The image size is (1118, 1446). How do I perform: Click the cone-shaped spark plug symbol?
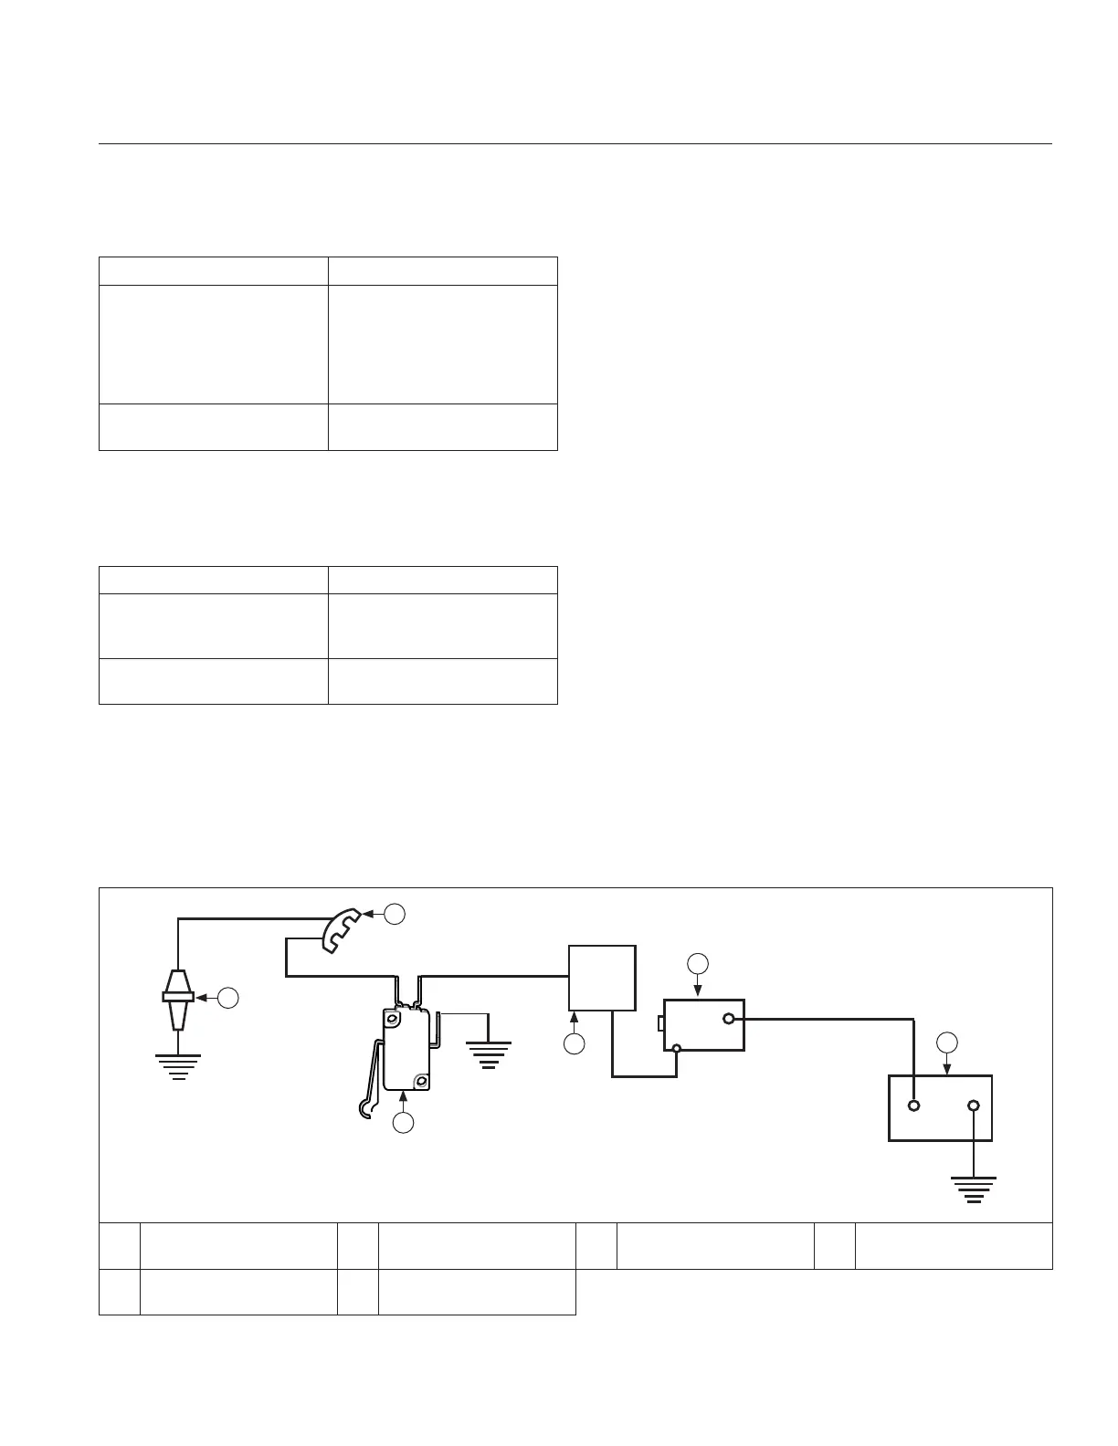178,998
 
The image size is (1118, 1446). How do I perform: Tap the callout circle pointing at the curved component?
395,913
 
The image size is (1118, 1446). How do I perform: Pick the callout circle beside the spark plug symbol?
228,998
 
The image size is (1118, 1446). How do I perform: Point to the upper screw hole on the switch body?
392,1017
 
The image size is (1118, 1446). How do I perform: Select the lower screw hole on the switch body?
421,1082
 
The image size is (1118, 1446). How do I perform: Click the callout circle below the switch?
404,1124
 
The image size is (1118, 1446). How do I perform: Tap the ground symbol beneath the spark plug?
178,1064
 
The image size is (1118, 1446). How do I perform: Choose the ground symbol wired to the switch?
489,1053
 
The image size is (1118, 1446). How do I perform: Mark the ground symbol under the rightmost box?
974,1189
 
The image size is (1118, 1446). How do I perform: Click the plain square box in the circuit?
602,978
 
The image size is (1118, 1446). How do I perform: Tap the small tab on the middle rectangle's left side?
660,1023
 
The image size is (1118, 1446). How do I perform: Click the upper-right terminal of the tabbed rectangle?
728,1019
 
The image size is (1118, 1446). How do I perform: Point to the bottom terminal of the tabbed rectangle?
677,1048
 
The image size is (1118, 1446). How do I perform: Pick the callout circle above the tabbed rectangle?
698,962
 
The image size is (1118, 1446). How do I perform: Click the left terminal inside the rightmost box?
914,1106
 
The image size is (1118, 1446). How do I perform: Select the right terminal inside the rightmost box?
974,1106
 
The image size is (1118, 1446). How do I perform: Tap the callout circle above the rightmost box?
947,1042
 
